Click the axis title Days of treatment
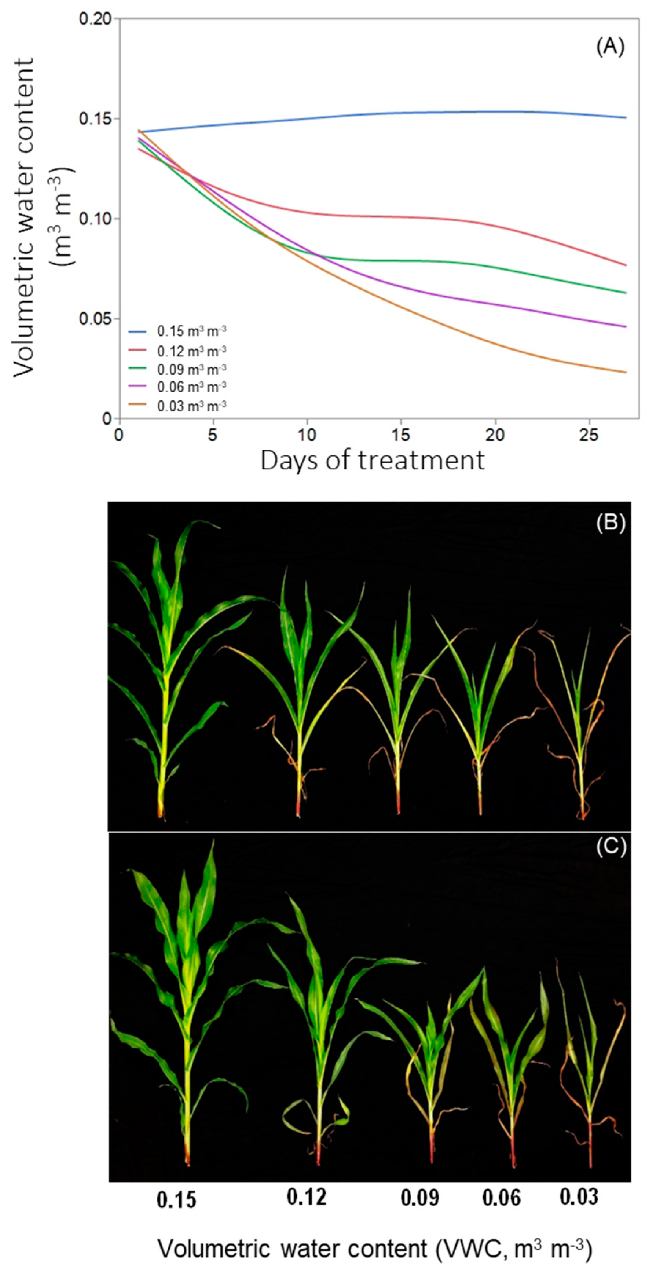pos(373,460)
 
